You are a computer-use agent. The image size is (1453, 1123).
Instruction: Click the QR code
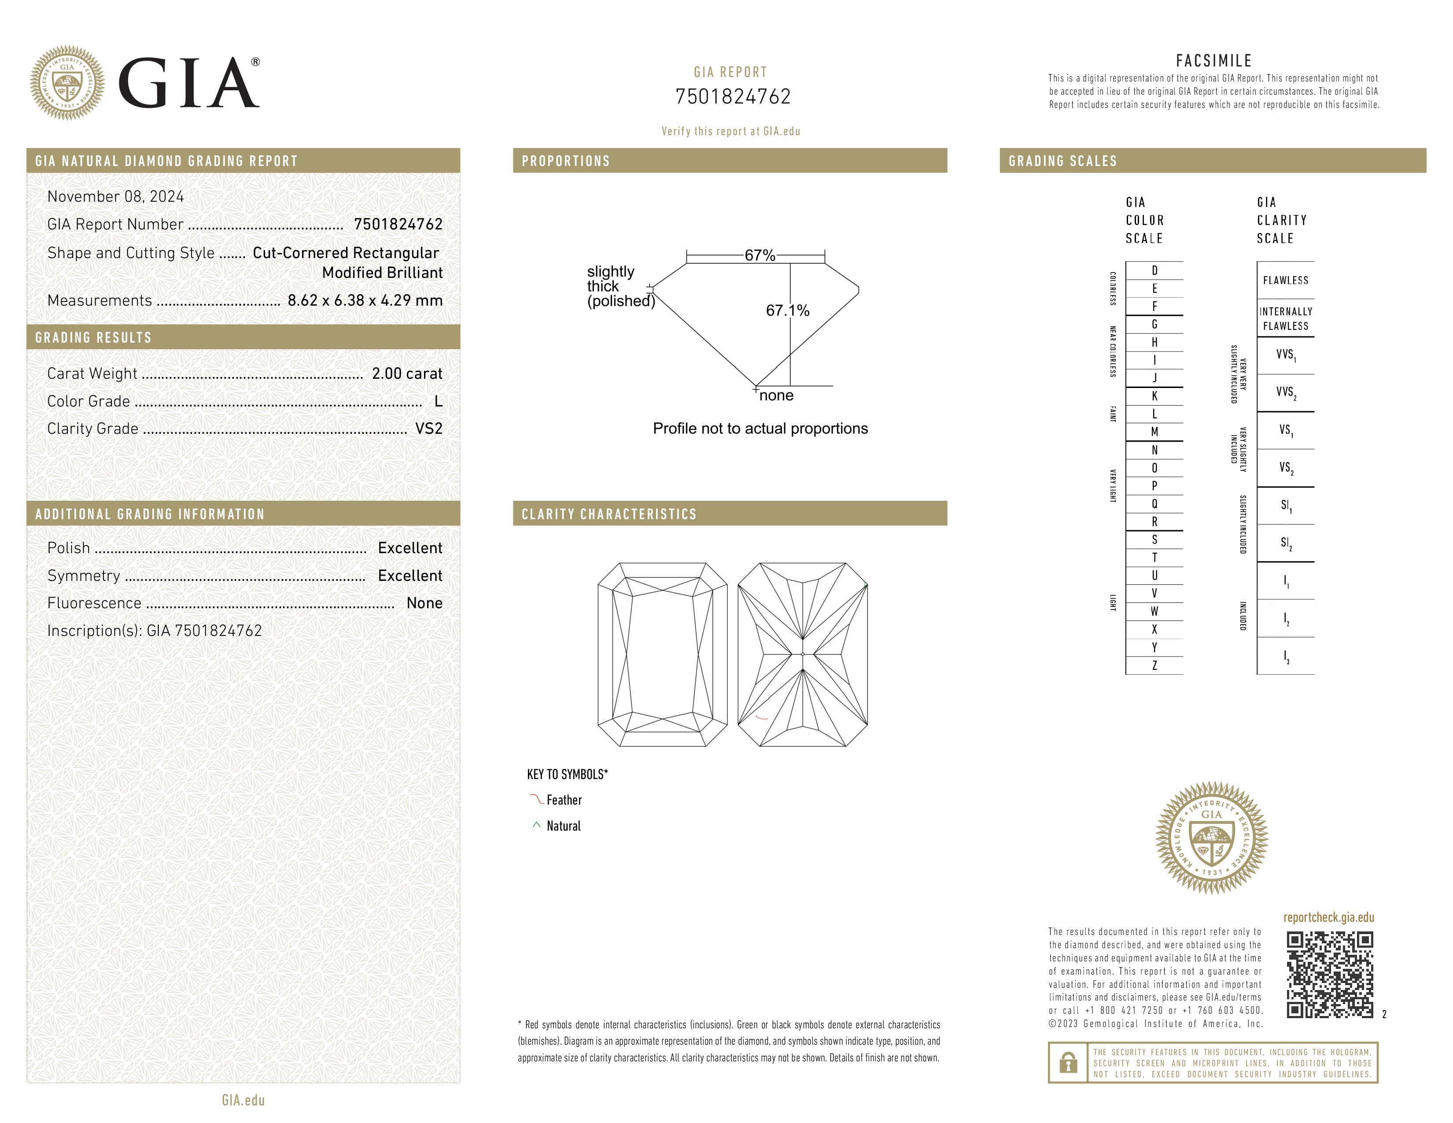(1329, 975)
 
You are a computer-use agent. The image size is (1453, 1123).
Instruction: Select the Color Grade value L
(438, 401)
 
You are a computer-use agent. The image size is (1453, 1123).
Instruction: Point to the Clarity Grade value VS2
(428, 429)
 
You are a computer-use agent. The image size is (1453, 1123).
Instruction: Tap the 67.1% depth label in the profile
(788, 310)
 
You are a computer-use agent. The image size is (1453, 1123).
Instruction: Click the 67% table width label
(760, 255)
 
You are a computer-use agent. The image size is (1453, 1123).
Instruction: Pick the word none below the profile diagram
(776, 396)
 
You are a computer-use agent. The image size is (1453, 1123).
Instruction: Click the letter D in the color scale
(1154, 270)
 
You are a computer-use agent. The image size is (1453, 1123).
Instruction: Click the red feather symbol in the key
(536, 799)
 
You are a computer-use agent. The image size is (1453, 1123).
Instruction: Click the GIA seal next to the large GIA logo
(66, 83)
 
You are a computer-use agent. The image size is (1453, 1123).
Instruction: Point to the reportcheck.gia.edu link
(1328, 917)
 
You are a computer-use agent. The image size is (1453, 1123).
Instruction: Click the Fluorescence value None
(424, 603)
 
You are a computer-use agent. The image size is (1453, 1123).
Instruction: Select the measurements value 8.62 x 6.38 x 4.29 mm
(365, 301)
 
